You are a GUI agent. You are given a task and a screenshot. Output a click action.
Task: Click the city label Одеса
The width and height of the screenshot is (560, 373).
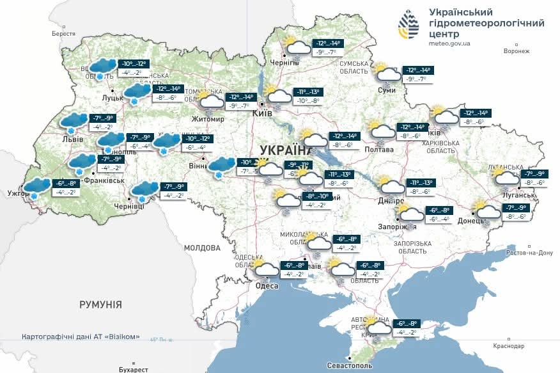pyautogui.click(x=267, y=285)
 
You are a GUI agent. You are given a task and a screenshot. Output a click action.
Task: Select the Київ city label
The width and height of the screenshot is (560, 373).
pyautogui.click(x=262, y=113)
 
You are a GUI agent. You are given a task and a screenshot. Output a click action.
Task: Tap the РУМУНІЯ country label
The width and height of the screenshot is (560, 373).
pyautogui.click(x=100, y=305)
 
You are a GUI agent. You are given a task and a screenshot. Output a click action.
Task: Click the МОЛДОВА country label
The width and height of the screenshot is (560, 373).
pyautogui.click(x=201, y=248)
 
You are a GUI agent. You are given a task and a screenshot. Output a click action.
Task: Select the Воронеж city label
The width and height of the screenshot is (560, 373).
pyautogui.click(x=516, y=51)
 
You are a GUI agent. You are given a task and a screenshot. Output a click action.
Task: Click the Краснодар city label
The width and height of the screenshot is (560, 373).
pyautogui.click(x=509, y=346)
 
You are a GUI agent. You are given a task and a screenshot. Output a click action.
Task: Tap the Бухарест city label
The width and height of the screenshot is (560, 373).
pyautogui.click(x=133, y=369)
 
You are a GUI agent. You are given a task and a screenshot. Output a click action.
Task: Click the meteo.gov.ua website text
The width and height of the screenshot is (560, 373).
pyautogui.click(x=450, y=44)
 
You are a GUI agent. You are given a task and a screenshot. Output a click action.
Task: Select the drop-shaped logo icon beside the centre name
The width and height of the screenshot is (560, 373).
pyautogui.click(x=409, y=26)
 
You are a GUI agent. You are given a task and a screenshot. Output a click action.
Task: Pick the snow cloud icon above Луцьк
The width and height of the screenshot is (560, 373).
pyautogui.click(x=101, y=67)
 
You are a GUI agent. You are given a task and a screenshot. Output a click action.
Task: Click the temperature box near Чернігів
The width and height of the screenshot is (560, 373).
pyautogui.click(x=327, y=47)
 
